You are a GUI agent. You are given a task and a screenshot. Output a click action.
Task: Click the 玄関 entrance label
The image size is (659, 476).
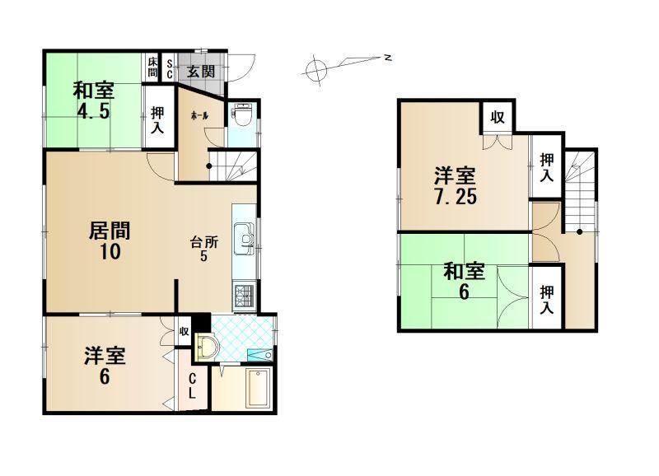201,72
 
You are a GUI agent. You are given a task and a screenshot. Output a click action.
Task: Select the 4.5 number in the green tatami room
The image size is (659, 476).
93,112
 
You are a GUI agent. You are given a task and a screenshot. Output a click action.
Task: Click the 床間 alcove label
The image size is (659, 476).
152,68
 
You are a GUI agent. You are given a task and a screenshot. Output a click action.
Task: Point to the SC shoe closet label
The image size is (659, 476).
169,68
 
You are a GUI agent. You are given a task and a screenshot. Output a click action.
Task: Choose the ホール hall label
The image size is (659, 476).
199,116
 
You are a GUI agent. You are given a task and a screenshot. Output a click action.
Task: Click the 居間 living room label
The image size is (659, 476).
110,231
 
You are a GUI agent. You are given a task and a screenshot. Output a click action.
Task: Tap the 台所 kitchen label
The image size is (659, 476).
203,242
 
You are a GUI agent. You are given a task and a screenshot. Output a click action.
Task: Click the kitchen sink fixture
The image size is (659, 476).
244,239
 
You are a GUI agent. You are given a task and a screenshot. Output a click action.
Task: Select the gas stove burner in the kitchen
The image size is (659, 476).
244,296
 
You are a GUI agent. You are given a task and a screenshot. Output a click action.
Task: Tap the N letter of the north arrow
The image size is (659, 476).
388,58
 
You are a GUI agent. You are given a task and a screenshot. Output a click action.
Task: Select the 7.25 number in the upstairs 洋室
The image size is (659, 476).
456,197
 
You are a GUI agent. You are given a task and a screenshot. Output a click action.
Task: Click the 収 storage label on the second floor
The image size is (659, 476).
498,117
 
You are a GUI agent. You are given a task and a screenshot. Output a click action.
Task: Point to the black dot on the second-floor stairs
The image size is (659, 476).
579,231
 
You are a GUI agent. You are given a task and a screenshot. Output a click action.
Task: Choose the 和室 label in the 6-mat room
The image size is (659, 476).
465,272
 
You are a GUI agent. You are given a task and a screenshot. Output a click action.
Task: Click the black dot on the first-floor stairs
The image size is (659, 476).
209,166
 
